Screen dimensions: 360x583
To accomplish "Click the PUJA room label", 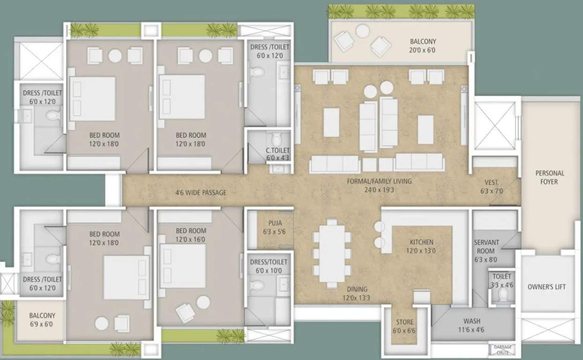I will click(275, 223).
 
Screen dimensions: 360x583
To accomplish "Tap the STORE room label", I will click(404, 322).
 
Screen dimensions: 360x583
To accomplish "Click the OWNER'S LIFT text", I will click(546, 287).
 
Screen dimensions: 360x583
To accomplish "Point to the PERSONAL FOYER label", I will click(550, 177).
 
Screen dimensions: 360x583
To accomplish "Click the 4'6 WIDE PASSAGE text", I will click(201, 192).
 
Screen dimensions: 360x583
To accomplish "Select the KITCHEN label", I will click(421, 242).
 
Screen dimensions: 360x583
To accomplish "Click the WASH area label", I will click(471, 322).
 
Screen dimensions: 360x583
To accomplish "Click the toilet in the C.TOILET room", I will click(276, 140).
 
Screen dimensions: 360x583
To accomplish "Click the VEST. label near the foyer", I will click(492, 182).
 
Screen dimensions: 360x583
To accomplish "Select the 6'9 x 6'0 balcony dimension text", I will click(42, 324).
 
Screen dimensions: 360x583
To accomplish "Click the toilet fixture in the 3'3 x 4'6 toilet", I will click(503, 294).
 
